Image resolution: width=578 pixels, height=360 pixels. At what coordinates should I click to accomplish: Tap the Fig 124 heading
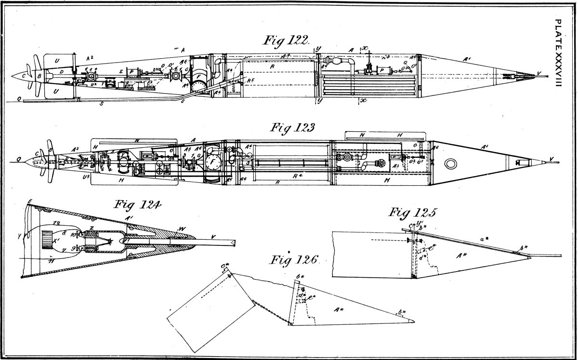pyautogui.click(x=138, y=205)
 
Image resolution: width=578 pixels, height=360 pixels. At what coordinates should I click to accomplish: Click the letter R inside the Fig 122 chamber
pyautogui.click(x=272, y=68)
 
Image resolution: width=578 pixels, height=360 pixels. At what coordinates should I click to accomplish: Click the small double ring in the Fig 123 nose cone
pyautogui.click(x=451, y=164)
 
